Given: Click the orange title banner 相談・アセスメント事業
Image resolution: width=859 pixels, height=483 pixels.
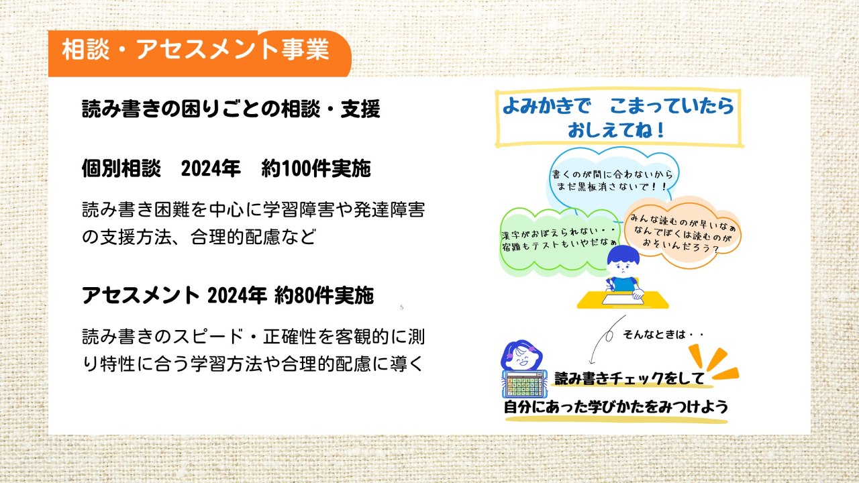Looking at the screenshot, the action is click(x=199, y=53).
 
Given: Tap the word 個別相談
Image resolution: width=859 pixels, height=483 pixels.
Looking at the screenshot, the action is click(x=121, y=168).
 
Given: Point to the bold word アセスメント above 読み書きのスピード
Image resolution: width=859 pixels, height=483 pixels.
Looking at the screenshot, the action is click(x=141, y=296).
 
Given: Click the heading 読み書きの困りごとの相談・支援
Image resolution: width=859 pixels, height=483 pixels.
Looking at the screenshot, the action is click(x=232, y=109).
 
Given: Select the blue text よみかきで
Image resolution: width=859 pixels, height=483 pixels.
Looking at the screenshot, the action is click(x=546, y=105).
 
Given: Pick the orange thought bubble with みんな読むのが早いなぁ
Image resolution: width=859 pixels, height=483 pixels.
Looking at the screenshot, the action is click(x=683, y=233).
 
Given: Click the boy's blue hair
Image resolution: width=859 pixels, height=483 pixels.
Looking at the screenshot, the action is click(x=623, y=255).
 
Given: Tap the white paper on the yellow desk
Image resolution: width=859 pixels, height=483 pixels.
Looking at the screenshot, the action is click(x=622, y=299).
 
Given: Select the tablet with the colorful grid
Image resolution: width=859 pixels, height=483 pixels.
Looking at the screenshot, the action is click(x=524, y=384).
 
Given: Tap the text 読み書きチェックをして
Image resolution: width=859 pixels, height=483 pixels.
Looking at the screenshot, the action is click(x=629, y=379).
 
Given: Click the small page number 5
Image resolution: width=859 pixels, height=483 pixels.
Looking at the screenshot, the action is click(x=401, y=307).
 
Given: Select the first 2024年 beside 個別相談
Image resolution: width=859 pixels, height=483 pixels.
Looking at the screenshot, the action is click(x=211, y=168).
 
